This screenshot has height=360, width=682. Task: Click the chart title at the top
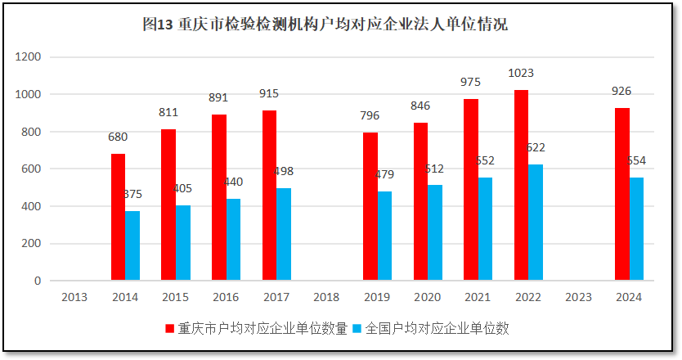tap(325, 25)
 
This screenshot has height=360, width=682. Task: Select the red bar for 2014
tap(118, 217)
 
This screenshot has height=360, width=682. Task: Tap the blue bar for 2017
tap(284, 234)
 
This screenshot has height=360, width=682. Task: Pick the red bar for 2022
tap(521, 185)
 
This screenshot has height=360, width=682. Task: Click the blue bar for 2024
tap(636, 229)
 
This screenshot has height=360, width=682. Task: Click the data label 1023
tap(521, 73)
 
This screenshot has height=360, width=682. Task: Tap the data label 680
tap(118, 137)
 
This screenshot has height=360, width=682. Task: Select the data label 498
tap(284, 171)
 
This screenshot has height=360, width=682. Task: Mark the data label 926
tap(621, 91)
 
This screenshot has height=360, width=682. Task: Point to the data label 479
tap(384, 174)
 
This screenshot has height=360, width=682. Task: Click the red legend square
tap(170, 328)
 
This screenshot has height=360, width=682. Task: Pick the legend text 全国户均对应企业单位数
tap(437, 328)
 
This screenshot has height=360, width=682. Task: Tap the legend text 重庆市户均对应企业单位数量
tap(262, 328)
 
